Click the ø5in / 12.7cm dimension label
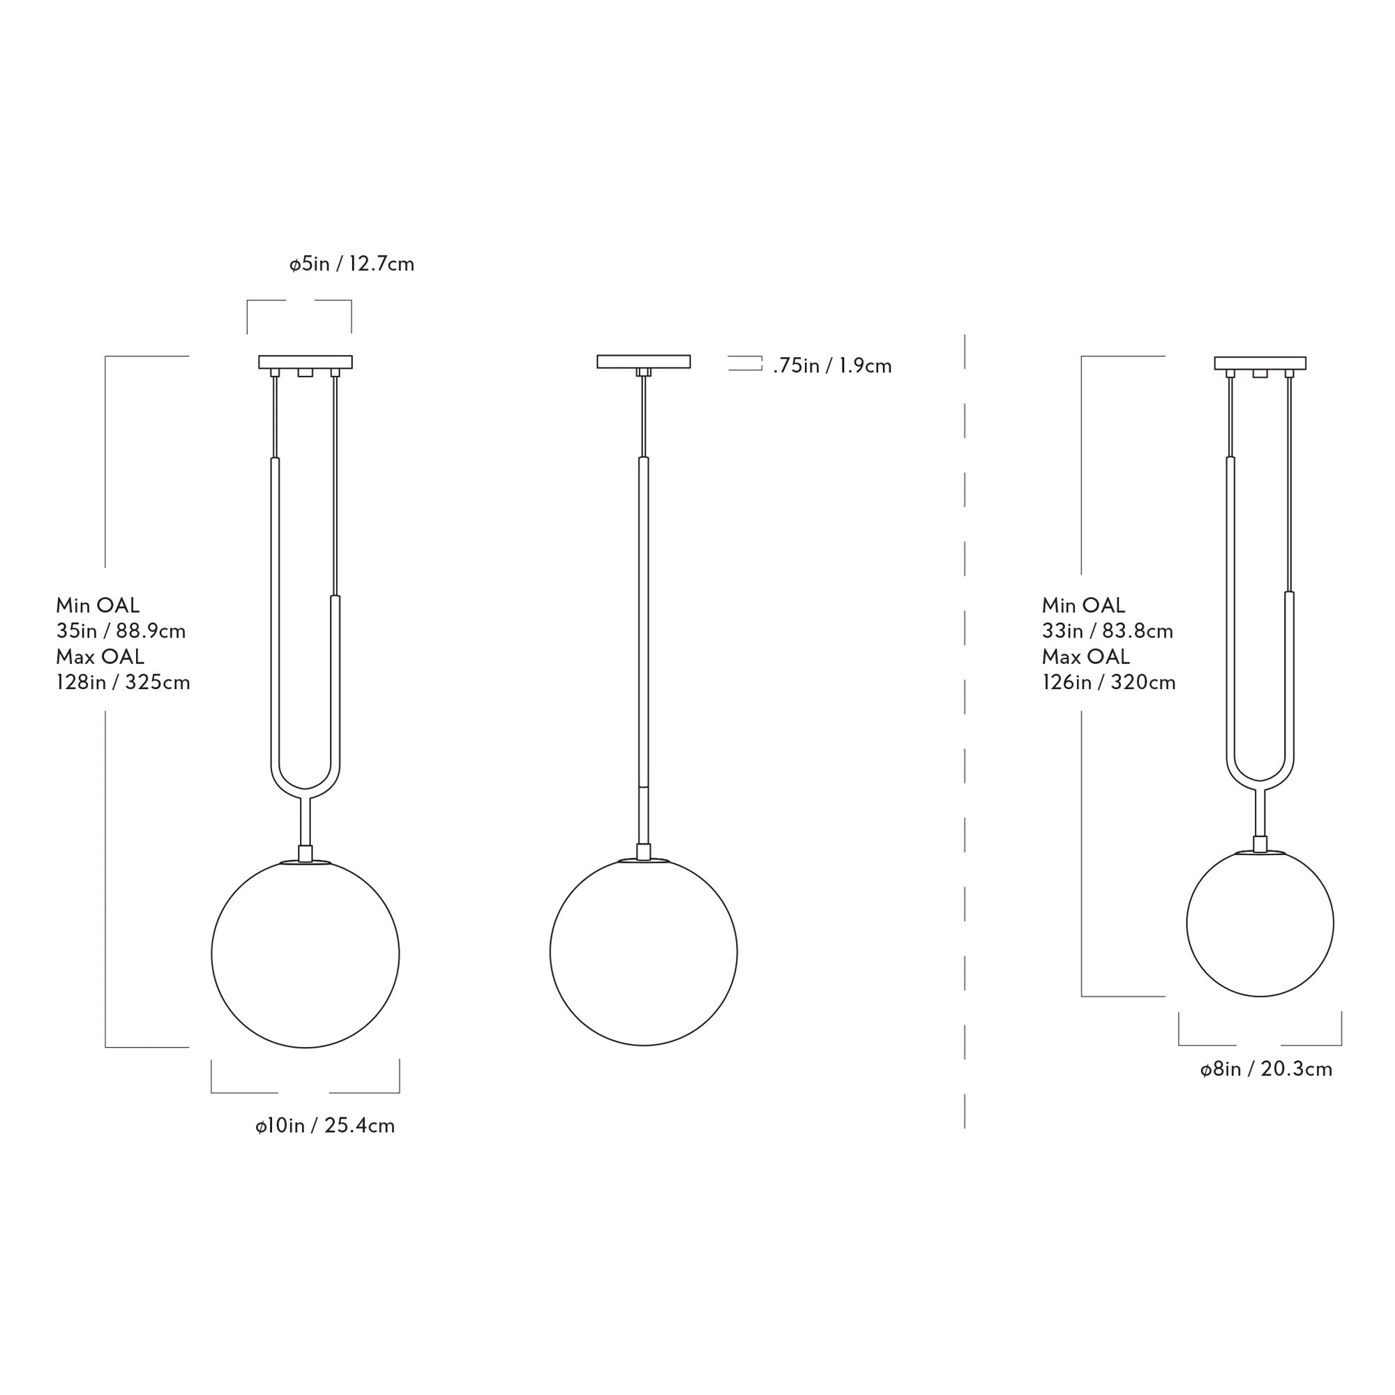[352, 264]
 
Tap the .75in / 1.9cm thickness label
[833, 366]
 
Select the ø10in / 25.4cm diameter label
[325, 1126]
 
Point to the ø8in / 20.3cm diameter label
[1266, 1069]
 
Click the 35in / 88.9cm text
[121, 631]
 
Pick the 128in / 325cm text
[123, 682]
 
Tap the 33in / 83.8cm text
[1108, 631]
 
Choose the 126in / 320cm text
[1109, 682]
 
